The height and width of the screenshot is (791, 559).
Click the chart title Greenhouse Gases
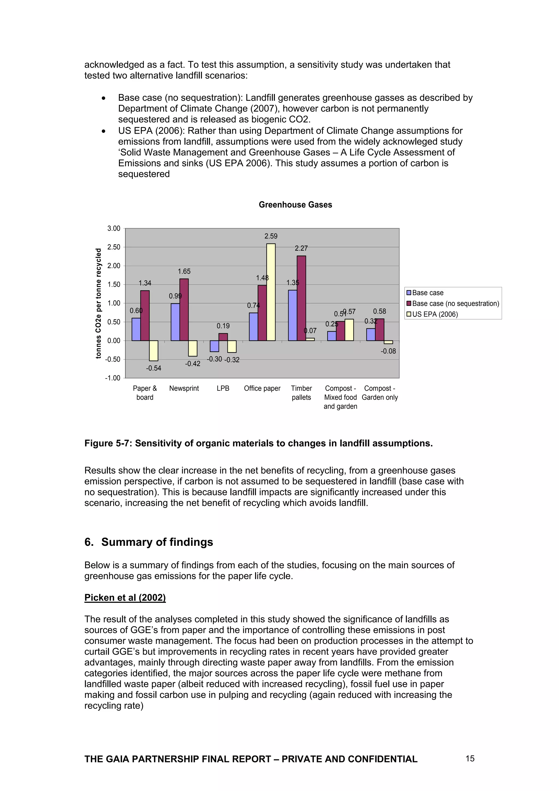[x=295, y=205]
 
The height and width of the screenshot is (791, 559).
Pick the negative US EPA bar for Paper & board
[x=154, y=350]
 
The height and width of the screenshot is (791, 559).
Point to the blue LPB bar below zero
[x=214, y=346]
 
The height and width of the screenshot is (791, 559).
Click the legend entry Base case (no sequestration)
[x=455, y=304]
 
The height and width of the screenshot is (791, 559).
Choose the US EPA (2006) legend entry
[x=435, y=314]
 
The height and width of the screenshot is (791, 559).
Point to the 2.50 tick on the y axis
[x=114, y=247]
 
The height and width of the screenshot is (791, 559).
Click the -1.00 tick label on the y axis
[x=113, y=378]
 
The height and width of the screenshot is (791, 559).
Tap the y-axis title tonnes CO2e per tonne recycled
[x=99, y=303]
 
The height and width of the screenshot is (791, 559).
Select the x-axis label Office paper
[x=262, y=388]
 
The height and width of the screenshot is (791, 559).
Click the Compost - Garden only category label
[x=380, y=393]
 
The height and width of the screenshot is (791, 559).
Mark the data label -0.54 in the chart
[x=154, y=368]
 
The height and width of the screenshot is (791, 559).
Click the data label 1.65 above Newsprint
[x=184, y=271]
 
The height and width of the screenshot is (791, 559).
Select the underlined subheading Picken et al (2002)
[x=125, y=598]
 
